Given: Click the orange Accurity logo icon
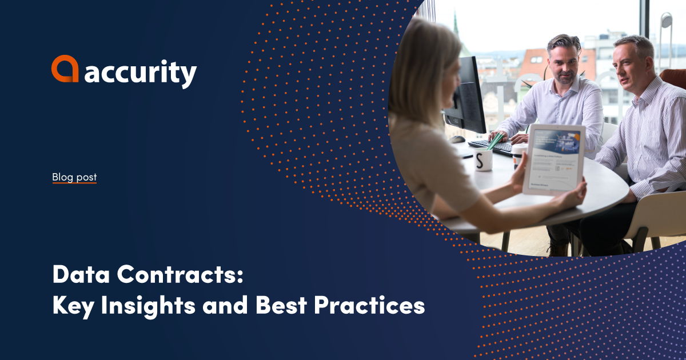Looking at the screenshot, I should pos(65,69).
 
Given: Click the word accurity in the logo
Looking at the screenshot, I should pos(141,73).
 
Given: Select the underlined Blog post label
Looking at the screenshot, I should pos(74,177).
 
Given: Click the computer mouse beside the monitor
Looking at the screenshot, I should pos(457,139).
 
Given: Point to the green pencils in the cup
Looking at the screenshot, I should pos(496,140).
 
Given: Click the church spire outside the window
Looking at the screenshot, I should pos(456,26).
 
